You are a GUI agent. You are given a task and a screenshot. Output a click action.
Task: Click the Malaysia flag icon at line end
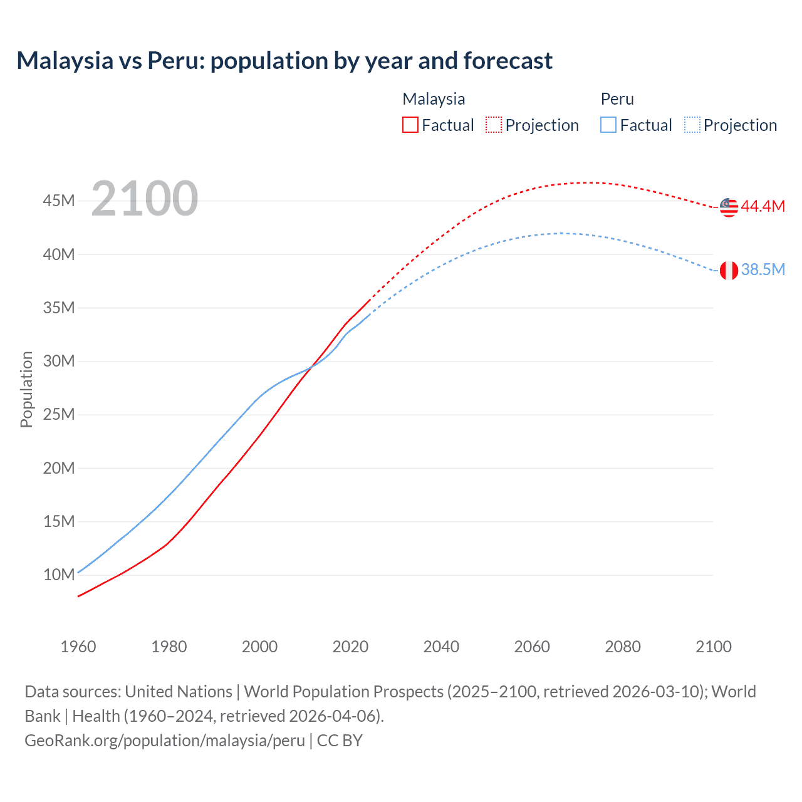729,207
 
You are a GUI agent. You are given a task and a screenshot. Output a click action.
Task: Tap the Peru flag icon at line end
729,271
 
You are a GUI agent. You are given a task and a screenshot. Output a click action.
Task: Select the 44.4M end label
763,206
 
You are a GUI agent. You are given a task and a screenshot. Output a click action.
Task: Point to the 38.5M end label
763,269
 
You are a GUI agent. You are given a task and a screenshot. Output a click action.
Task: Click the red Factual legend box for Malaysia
410,125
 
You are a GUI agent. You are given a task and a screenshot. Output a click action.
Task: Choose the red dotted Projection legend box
494,125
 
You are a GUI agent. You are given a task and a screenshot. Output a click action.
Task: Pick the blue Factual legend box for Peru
608,125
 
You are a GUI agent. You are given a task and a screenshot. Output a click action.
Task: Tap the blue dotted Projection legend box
692,125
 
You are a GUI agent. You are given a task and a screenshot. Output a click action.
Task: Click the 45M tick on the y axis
59,201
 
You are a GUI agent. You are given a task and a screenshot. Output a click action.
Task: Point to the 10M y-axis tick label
59,575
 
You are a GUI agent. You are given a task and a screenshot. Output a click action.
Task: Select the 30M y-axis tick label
59,361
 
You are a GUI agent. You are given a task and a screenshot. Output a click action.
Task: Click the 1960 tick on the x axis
78,647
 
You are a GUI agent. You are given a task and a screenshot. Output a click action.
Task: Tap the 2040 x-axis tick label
441,647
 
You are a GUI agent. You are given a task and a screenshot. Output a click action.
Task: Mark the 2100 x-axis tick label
713,647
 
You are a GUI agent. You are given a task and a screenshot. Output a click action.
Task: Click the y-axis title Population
26,389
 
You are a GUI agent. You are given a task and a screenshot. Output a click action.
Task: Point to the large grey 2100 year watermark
145,199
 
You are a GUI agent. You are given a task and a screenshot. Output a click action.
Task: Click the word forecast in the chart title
508,61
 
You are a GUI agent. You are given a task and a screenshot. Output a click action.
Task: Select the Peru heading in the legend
617,99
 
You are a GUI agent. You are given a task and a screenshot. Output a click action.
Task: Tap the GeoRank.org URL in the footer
165,741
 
